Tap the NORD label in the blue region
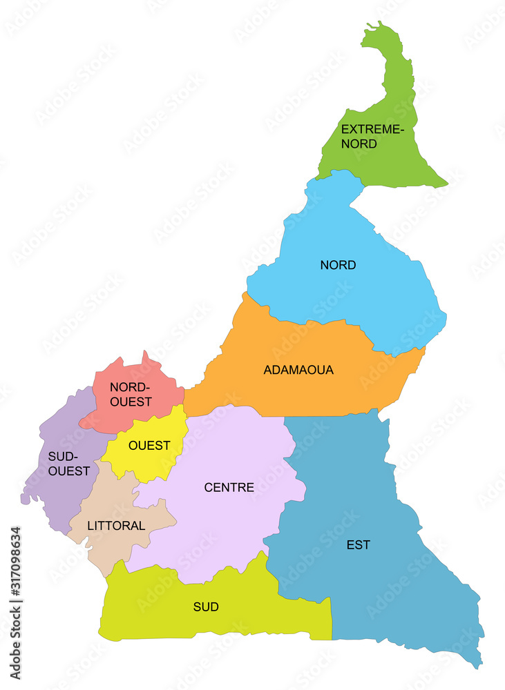click(338, 265)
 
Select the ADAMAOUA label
click(298, 370)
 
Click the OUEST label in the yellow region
click(149, 446)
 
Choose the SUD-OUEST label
click(69, 464)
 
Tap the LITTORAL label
click(116, 526)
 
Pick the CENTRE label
click(229, 488)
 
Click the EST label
click(358, 545)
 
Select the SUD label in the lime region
click(206, 607)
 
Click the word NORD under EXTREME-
click(359, 144)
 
